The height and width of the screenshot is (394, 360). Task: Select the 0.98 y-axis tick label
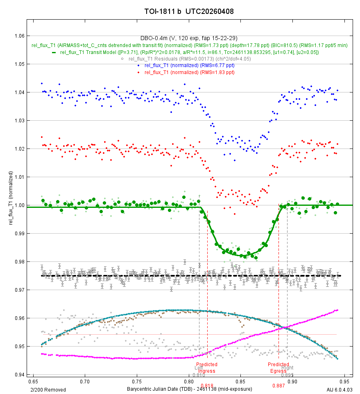coord(19,262)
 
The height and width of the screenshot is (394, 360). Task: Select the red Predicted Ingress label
coord(207,367)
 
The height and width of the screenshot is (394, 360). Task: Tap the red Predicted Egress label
coord(278,367)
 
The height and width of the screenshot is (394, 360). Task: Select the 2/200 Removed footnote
coord(48,389)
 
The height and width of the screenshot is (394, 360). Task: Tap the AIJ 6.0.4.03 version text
coord(340,389)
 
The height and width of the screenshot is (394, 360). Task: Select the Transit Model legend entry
coord(189,52)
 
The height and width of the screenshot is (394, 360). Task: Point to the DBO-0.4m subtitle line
coord(180,38)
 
